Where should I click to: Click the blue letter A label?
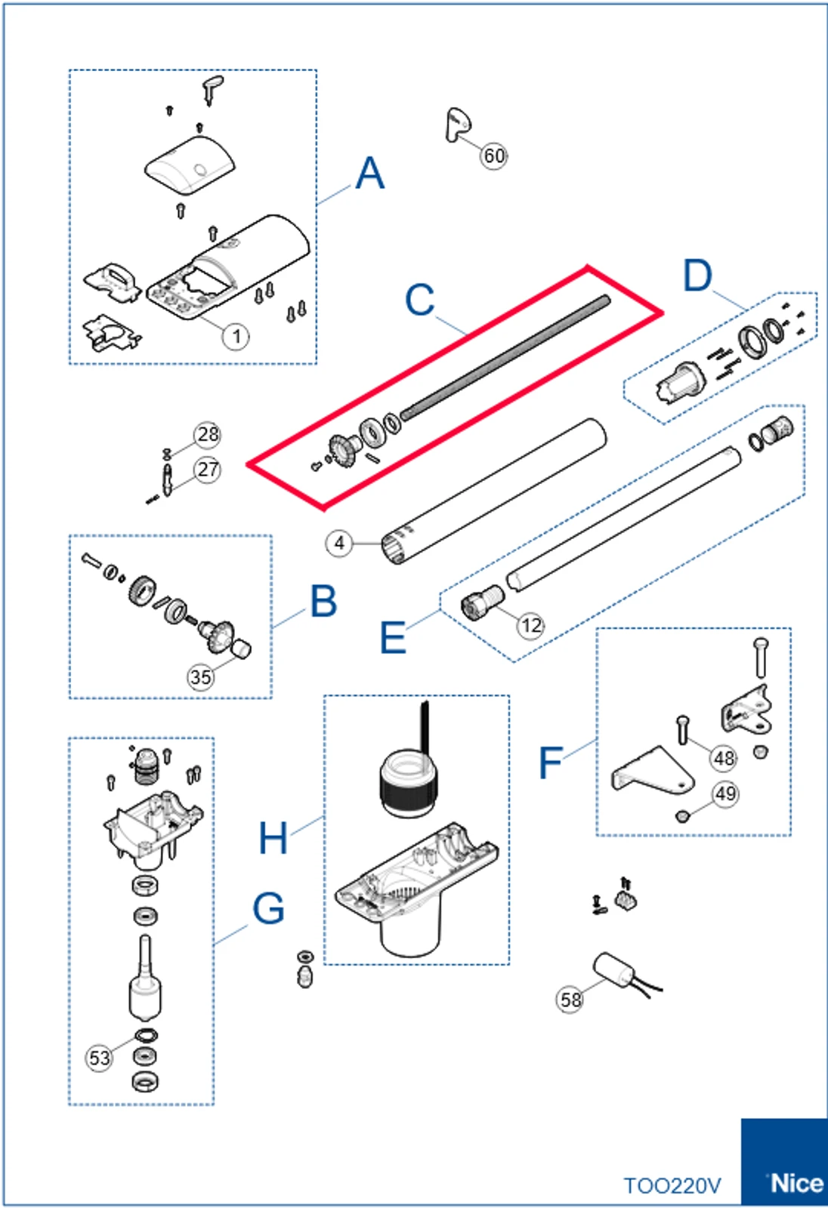click(369, 174)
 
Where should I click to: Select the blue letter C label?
click(419, 300)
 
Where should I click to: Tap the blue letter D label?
click(697, 276)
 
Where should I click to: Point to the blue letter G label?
click(268, 908)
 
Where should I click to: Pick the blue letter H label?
click(273, 838)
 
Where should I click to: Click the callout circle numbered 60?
click(494, 156)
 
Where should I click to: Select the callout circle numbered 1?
click(236, 336)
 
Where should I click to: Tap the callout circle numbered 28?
click(207, 434)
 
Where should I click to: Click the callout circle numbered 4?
click(339, 543)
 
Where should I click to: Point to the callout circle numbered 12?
click(531, 625)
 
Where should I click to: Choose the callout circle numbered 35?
click(200, 676)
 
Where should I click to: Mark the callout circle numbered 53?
click(100, 1058)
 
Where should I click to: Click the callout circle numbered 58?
click(570, 1000)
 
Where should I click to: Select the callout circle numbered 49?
click(725, 794)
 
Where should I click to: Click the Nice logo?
click(794, 1182)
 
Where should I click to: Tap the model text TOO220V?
click(672, 1186)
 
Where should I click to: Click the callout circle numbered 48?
click(724, 758)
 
